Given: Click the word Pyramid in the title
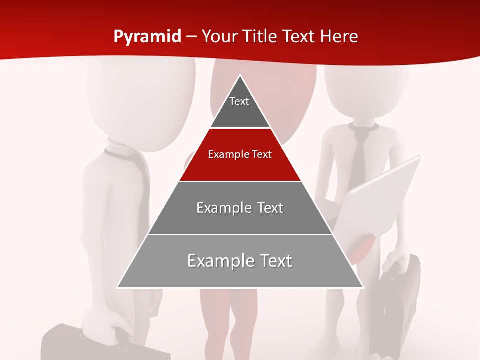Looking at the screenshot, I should coord(147,37).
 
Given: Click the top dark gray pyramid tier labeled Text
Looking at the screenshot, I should coord(239,107).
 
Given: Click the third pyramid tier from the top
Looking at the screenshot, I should coord(240,208).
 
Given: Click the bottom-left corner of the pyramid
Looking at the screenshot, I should coord(117,287).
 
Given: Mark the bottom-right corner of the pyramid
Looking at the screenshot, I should coord(363,287).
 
